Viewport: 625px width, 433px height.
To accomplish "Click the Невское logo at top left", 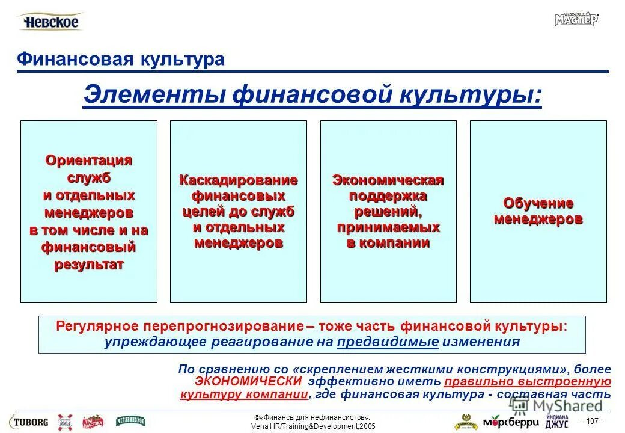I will click(51, 22).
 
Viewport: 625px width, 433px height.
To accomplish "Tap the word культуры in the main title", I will click(472, 96).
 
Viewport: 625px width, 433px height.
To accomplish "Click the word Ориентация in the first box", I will click(89, 161).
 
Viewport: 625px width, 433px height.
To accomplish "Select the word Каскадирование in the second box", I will click(239, 180).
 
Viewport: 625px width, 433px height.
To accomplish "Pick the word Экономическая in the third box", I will click(388, 180).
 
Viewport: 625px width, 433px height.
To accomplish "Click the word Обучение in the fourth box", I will click(538, 203).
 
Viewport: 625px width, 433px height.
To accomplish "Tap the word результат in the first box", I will click(89, 265).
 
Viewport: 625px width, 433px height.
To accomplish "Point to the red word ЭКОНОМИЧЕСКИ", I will click(248, 382).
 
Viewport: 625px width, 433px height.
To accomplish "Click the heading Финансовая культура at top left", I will click(121, 59).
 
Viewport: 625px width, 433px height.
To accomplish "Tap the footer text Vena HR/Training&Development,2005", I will click(312, 426).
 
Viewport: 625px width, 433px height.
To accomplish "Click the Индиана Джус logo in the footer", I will click(557, 421).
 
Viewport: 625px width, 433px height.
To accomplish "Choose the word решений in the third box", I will click(388, 212).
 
